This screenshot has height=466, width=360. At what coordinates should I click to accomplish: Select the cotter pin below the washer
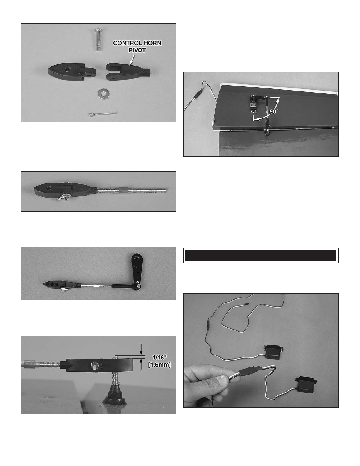click(103, 114)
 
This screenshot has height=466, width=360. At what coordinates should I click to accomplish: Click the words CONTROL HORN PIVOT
click(137, 46)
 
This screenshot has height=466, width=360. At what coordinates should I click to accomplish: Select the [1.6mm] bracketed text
click(159, 365)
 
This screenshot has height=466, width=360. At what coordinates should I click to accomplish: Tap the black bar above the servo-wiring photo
click(261, 255)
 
